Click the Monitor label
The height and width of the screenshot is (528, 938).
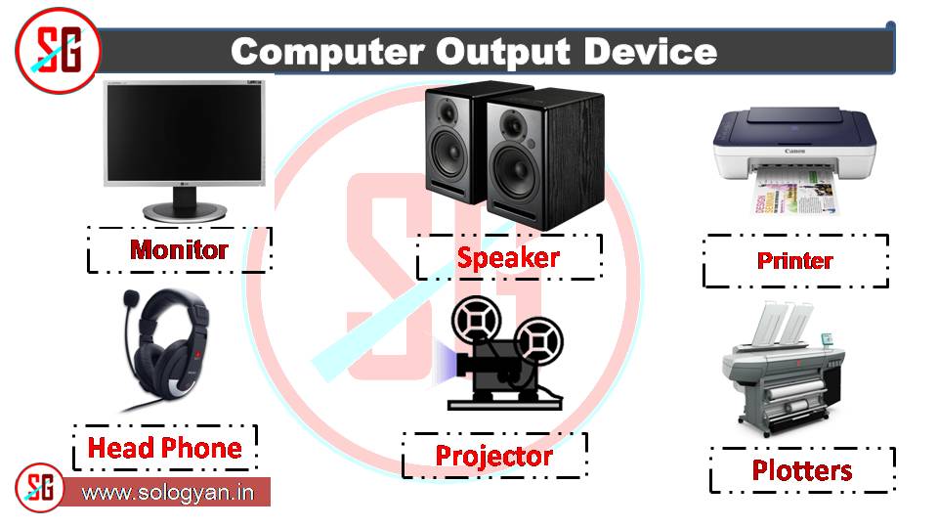pos(179,249)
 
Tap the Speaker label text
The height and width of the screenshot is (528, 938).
pos(508,258)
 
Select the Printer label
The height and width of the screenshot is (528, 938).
pos(794,261)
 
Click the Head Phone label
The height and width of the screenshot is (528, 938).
pos(164,449)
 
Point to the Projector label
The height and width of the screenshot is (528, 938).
pos(493,456)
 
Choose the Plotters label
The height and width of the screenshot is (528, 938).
pos(801,470)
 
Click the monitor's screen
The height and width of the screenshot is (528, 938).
pos(185,134)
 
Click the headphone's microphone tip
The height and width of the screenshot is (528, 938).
pos(128,301)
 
